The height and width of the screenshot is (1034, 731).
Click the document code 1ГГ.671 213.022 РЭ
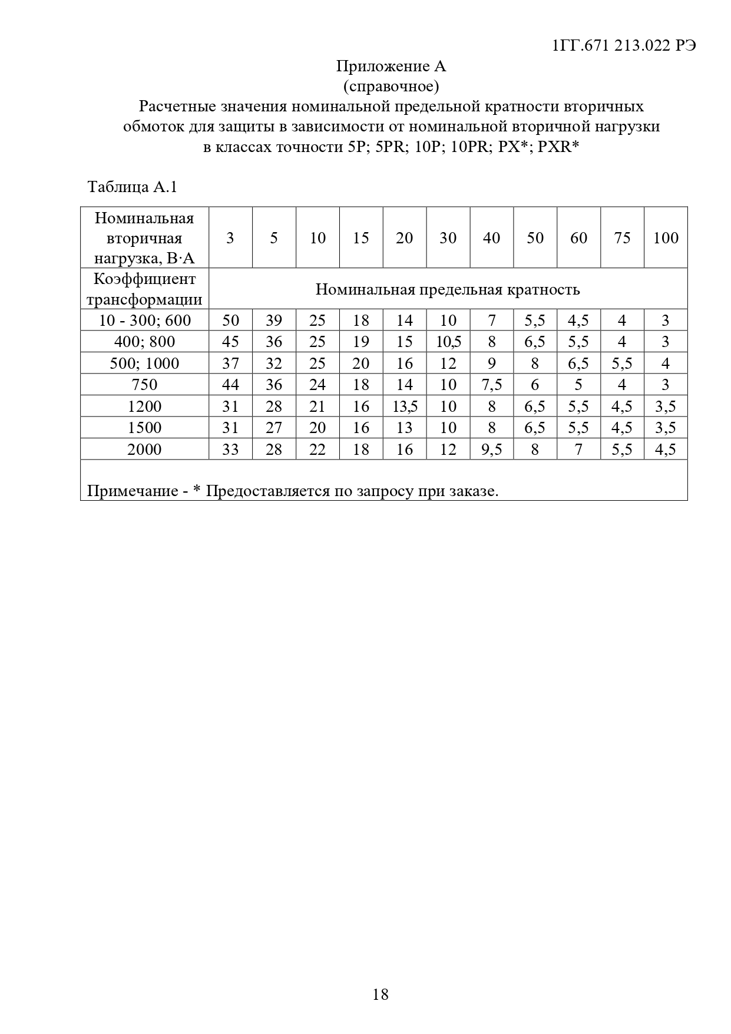point(624,46)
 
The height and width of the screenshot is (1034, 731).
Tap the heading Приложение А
point(391,67)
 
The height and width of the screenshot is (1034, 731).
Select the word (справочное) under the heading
point(391,87)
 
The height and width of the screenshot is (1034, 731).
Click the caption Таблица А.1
point(132,187)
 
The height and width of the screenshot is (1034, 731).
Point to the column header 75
point(622,237)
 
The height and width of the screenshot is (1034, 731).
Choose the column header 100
point(666,237)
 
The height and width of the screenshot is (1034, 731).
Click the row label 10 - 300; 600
point(144,321)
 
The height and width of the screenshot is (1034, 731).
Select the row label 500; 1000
point(144,364)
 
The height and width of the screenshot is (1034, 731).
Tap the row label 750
point(144,385)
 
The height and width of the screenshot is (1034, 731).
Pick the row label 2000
point(144,450)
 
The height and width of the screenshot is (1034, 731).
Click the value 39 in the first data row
point(274,321)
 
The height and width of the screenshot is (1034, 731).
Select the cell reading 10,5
point(448,342)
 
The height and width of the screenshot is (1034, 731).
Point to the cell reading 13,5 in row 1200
point(405,407)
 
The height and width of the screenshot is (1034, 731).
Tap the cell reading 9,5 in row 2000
point(492,450)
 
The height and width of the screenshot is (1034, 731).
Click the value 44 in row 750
point(230,385)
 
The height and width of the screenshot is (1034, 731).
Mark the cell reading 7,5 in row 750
point(492,385)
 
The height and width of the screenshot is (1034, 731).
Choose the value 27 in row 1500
point(274,428)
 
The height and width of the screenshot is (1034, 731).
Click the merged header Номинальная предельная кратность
point(448,289)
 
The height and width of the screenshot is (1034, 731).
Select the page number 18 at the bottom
point(381,995)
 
